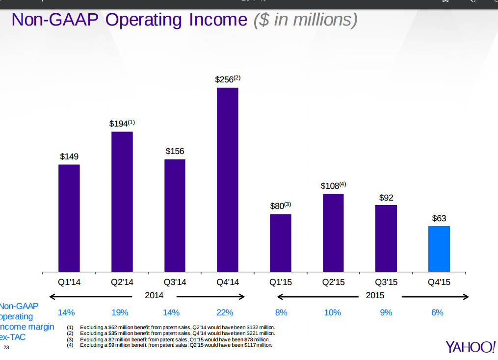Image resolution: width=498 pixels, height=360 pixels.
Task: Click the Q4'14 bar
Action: (227, 180)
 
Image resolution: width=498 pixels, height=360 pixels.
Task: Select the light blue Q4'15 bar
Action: (439, 249)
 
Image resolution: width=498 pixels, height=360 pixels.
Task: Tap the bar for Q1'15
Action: (280, 243)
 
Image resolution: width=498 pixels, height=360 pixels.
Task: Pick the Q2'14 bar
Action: (122, 202)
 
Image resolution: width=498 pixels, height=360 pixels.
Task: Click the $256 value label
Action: (224, 79)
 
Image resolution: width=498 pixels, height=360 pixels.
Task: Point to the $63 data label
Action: (439, 218)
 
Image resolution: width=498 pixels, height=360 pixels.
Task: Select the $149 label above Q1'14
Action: (69, 156)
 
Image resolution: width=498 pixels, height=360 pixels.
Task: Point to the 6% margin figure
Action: (437, 312)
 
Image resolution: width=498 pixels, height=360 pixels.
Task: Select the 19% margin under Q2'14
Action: (120, 312)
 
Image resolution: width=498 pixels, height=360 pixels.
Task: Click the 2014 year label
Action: (154, 295)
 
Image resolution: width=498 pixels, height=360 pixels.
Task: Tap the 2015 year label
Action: (375, 295)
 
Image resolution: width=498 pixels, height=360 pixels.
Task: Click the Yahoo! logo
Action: (470, 346)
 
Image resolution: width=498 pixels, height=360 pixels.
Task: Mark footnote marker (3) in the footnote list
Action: (70, 339)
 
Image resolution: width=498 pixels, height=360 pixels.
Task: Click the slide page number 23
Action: (6, 348)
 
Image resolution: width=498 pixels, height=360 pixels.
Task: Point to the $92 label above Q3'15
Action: (386, 198)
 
